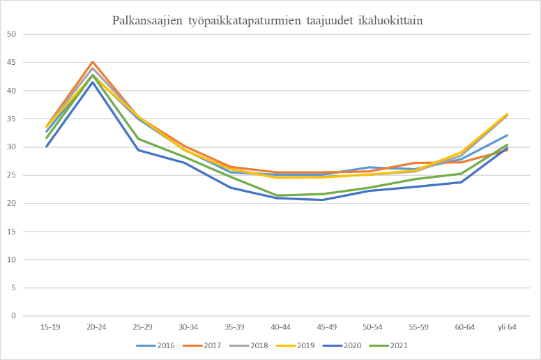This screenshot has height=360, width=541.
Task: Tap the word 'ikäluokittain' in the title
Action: tap(393, 20)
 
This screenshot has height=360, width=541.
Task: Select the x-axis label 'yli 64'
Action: tap(506, 327)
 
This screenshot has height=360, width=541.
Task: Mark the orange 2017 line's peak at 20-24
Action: tap(93, 61)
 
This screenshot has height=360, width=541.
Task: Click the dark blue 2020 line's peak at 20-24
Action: tap(93, 82)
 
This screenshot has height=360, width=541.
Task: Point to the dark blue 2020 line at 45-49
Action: tap(323, 200)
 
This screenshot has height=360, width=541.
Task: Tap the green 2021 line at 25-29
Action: tap(139, 138)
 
